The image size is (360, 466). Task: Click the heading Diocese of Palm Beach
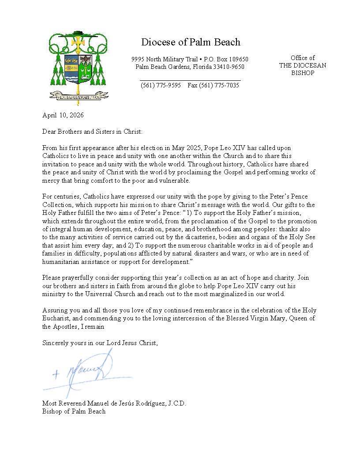coord(191,42)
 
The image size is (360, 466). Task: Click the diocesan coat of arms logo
coord(79,66)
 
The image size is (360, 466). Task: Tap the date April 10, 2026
coord(63,116)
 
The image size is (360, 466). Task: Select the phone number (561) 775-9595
coord(161,86)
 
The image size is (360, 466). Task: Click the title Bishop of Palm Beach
coord(74,411)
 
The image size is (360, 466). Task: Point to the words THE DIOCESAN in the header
coord(302,65)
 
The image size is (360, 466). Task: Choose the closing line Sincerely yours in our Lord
coord(100,342)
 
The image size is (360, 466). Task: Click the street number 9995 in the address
coord(139,59)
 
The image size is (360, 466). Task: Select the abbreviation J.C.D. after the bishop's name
coord(175,403)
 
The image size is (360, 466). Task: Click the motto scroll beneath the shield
coord(79,94)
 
